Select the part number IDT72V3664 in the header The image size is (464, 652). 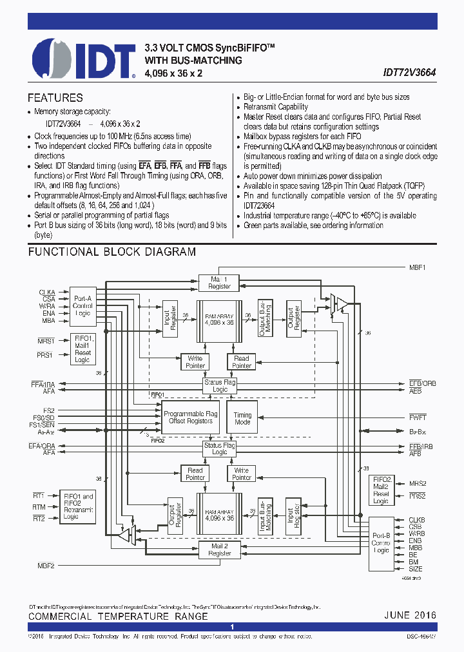point(409,73)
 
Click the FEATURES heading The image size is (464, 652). point(55,98)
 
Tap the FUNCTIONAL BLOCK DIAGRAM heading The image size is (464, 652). point(111,252)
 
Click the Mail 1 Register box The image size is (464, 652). point(219,282)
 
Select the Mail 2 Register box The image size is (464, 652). point(219,550)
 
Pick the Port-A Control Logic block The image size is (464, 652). point(82,305)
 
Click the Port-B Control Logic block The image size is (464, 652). point(381,542)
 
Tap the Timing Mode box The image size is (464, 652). point(242,419)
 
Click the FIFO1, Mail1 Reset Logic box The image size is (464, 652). point(82,349)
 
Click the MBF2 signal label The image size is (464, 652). point(46,565)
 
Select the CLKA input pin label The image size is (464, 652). point(46,292)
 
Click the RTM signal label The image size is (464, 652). point(39,507)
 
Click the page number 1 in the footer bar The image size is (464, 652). point(232,627)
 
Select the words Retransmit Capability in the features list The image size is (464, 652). point(276,107)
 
